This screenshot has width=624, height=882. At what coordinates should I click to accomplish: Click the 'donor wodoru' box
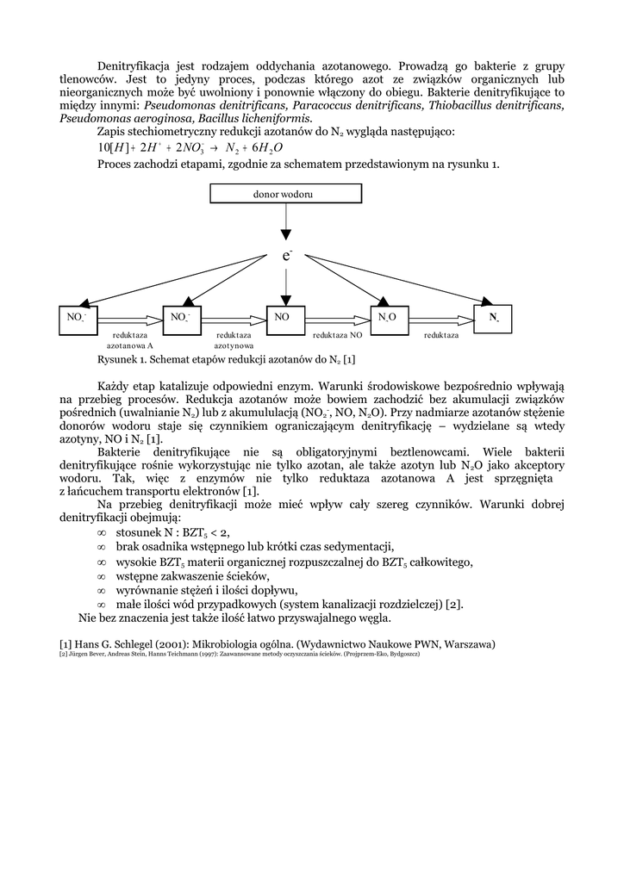point(283,195)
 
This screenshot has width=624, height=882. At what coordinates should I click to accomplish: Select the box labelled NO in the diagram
point(286,318)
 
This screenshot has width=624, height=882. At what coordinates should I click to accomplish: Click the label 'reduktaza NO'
point(336,334)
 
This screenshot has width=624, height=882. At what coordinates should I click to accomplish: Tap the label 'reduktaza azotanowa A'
point(130,339)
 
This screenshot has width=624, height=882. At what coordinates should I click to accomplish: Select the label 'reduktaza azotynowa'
point(234,339)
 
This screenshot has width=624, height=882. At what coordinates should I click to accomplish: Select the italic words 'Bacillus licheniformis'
point(254,118)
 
